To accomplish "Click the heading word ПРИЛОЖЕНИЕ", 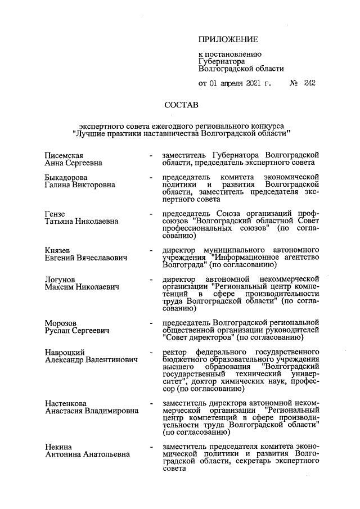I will tap(228, 40).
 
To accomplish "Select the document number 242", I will tap(309, 83).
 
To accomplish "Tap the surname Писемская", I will tap(64, 154).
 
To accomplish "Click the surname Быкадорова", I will tap(67, 177).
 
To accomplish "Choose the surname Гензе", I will tap(55, 213).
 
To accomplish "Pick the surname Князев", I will tap(58, 249).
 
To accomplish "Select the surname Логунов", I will tap(60, 279).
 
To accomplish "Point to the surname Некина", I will tap(58, 447).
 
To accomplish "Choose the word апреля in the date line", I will tap(232, 83).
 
